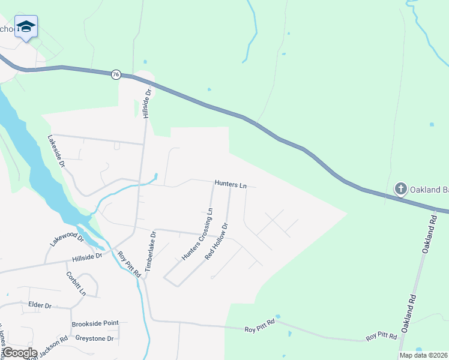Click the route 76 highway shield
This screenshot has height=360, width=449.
pos(116,74)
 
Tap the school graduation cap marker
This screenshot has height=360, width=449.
pos(26,26)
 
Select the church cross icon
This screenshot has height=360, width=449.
pos(400,190)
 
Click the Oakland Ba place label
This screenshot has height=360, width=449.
pos(429,190)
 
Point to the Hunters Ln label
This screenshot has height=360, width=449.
pos(231,185)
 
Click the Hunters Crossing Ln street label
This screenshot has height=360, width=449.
pos(197,234)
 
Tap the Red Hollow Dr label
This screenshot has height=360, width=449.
pos(217,242)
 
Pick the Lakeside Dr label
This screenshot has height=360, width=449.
pos(56,150)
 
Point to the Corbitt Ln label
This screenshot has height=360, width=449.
pos(76,284)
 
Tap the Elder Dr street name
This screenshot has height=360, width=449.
pos(40,305)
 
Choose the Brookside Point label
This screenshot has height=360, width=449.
pos(95,323)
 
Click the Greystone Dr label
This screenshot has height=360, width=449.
pos(94,338)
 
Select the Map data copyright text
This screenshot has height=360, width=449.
pos(423,355)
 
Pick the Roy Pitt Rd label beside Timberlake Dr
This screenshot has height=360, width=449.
pos(128,265)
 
